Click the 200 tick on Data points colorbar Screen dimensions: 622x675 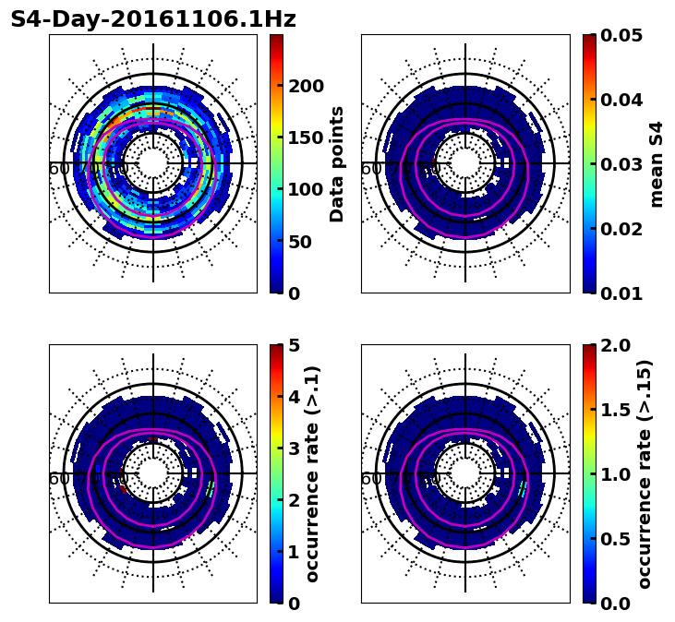pos(307,86)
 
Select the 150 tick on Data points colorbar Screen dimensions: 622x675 pos(307,138)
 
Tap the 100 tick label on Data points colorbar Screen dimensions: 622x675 pos(307,190)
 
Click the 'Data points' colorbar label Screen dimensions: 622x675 pos(337,164)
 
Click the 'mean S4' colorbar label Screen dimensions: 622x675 pos(657,164)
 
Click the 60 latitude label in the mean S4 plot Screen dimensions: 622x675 pos(370,169)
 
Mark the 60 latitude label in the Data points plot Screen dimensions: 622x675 pos(58,169)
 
